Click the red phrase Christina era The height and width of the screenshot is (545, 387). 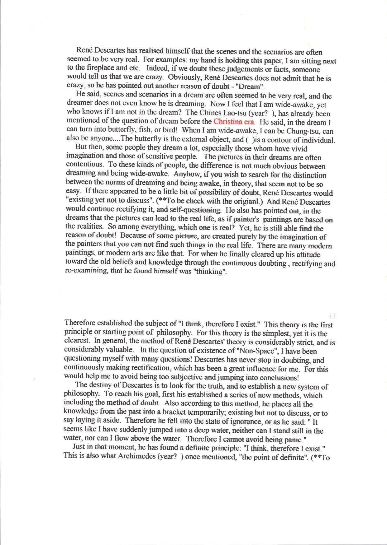pos(234,122)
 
